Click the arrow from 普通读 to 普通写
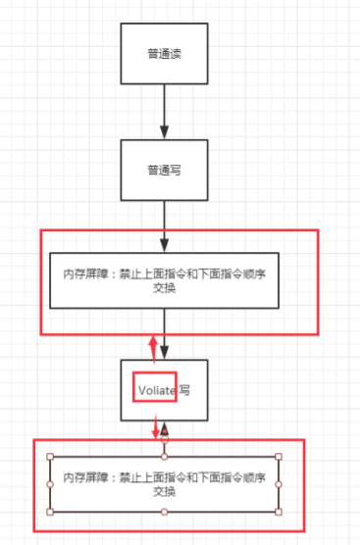click(165, 113)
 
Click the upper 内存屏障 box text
click(163, 273)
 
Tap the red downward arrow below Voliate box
click(155, 429)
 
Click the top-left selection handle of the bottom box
click(50, 457)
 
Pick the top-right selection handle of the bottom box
click(279, 457)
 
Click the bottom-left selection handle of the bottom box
click(50, 512)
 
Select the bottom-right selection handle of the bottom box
click(279, 512)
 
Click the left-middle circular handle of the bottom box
click(50, 484)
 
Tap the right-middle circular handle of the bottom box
click(279, 484)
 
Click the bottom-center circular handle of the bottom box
click(165, 512)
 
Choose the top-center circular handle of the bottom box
click(165, 457)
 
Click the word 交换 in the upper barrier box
click(164, 288)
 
